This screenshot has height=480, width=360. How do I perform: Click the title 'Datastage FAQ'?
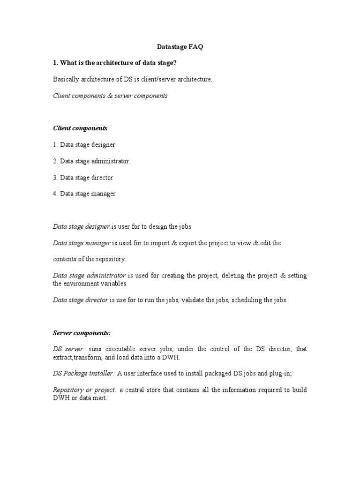[180, 47]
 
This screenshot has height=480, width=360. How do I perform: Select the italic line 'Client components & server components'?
[110, 96]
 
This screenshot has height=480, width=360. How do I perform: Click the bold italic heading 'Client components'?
[80, 128]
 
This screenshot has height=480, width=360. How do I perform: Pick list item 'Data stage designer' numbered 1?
[84, 145]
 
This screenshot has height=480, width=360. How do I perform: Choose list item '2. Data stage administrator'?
[90, 161]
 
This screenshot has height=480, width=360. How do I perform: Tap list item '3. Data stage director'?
[83, 178]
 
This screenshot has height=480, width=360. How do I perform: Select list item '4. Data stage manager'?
[84, 194]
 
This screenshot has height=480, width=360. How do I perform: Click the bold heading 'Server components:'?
[82, 333]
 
